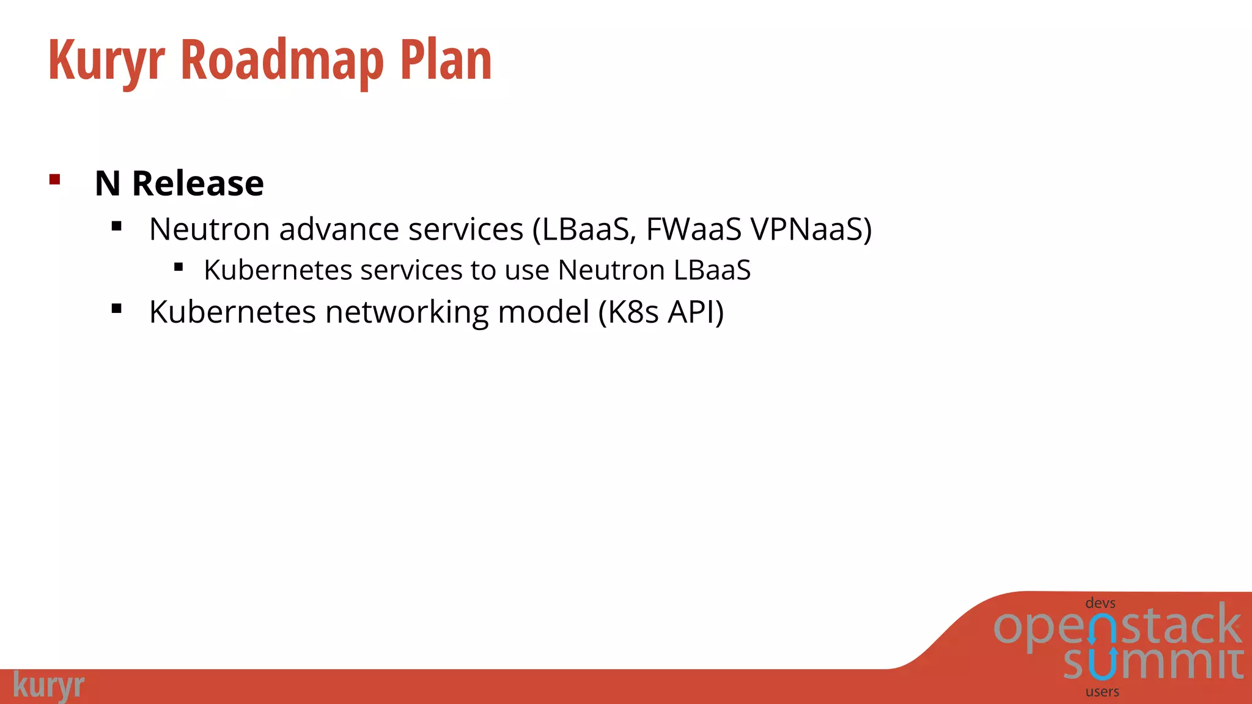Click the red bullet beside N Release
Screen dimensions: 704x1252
55,180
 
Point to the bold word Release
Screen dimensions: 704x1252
197,183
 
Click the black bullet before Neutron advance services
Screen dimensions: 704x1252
117,227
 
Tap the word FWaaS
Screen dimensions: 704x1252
693,230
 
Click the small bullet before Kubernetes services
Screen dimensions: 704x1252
179,266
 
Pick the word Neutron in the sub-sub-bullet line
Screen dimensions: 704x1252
611,270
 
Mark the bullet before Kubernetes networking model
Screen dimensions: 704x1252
117,309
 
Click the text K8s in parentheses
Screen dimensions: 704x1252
633,312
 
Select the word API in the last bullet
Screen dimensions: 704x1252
691,312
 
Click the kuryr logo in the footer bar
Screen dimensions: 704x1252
48,686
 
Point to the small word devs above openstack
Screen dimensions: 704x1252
1100,603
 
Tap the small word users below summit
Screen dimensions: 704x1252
1102,692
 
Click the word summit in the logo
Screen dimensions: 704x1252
1153,663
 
